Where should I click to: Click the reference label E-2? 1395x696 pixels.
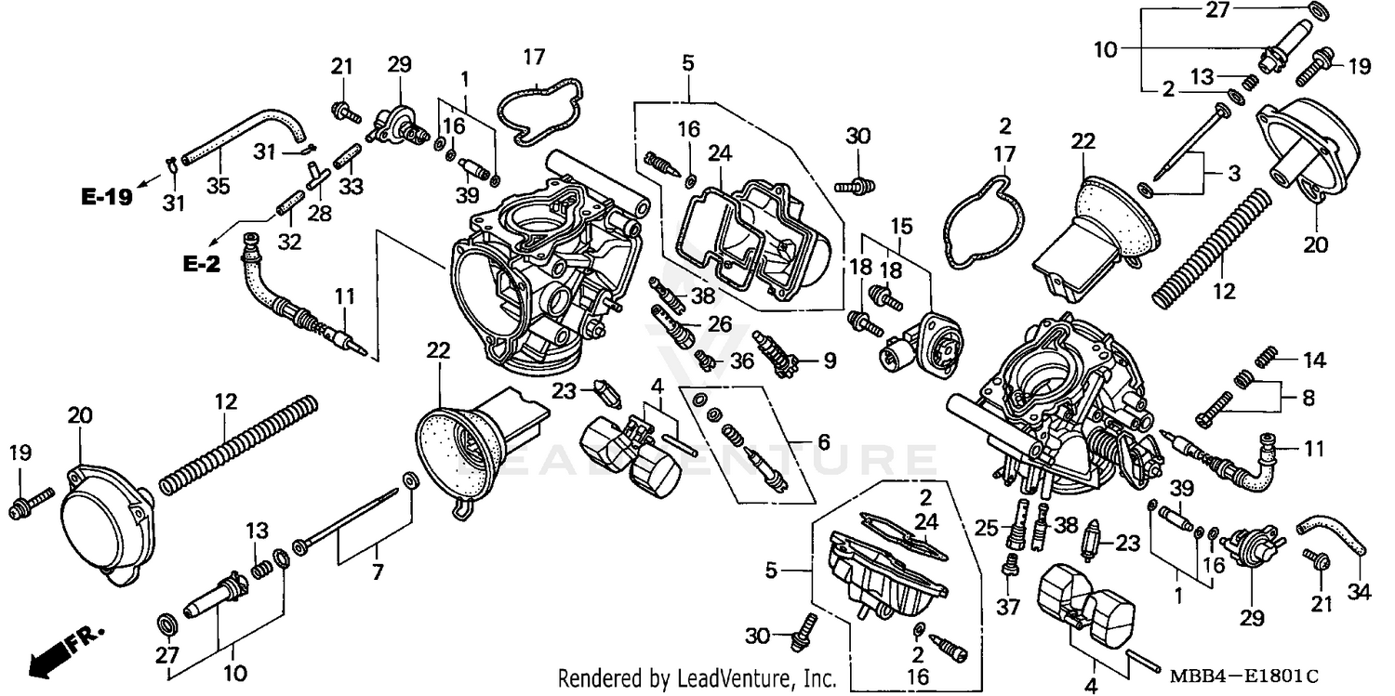[201, 264]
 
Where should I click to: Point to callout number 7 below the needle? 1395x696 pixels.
[378, 572]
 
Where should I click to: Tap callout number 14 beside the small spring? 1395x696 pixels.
[1315, 360]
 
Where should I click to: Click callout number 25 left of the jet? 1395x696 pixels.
[988, 529]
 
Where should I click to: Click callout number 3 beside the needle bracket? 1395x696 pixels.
[1233, 173]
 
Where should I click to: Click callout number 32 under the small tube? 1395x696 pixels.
[289, 243]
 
